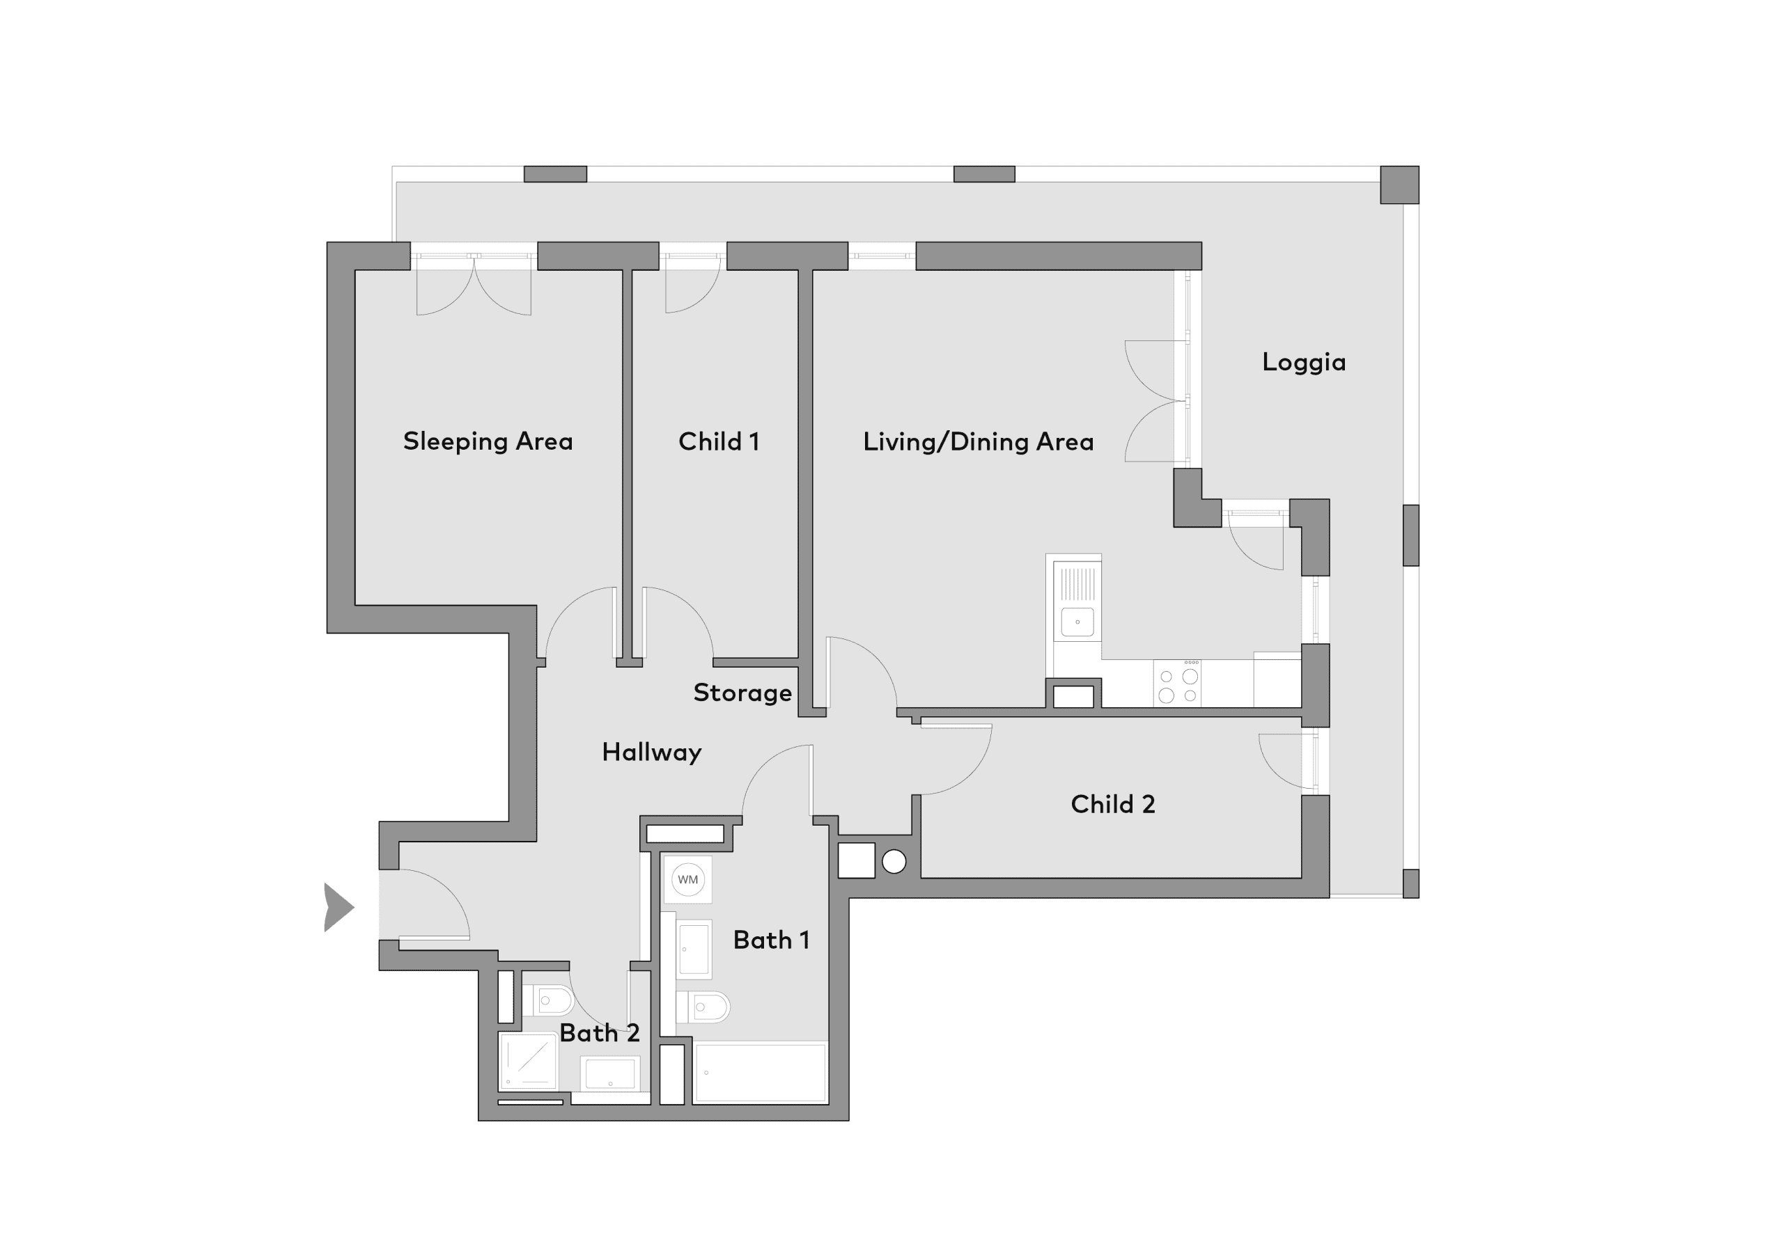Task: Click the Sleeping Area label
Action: [488, 442]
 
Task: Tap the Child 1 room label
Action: [718, 442]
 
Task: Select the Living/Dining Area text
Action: [978, 442]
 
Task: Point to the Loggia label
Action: [1303, 363]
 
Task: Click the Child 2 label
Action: [1113, 804]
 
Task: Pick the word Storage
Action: [742, 693]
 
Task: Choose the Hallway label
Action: [651, 753]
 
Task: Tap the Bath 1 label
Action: [771, 940]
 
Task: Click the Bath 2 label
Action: [599, 1033]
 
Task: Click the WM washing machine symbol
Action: [688, 880]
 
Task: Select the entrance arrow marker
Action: [338, 907]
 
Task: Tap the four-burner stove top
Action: [1177, 683]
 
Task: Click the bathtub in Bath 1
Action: [761, 1072]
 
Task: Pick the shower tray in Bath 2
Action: [528, 1062]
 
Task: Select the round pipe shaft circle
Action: [894, 862]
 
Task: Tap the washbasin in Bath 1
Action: [694, 948]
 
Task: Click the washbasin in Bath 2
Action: [610, 1073]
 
